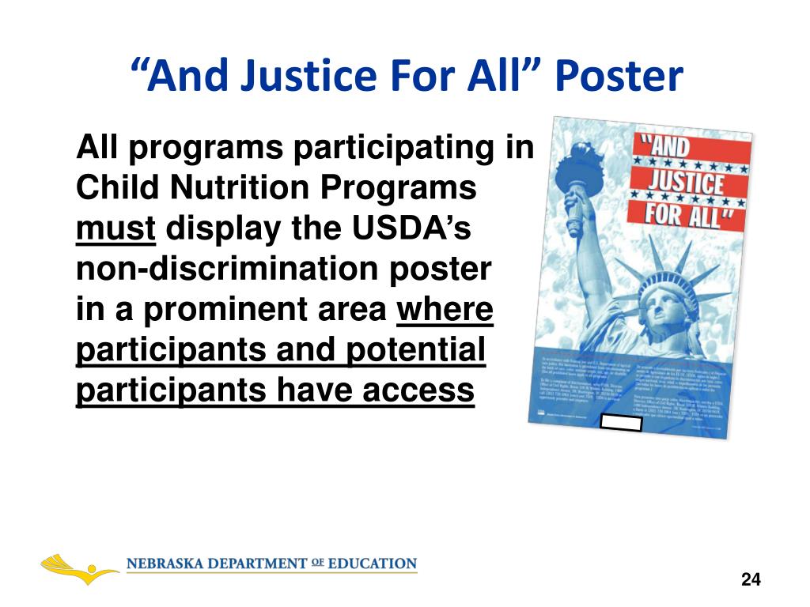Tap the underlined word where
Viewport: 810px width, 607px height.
[445, 311]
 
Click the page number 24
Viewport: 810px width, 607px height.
[751, 580]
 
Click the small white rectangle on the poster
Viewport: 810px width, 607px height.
[622, 423]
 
